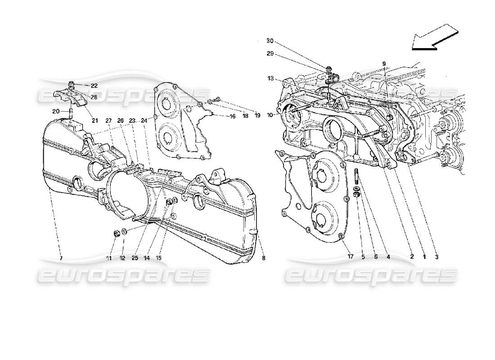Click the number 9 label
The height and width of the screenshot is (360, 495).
tap(384, 63)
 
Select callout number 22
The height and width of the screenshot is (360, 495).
tap(94, 85)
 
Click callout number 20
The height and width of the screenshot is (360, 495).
tap(55, 111)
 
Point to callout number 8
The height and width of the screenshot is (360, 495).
tap(264, 258)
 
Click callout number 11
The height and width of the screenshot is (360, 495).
tap(108, 258)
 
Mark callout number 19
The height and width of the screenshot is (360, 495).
tap(257, 116)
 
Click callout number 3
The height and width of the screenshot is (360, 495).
tap(436, 256)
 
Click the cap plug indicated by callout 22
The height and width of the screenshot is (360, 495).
tap(71, 84)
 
